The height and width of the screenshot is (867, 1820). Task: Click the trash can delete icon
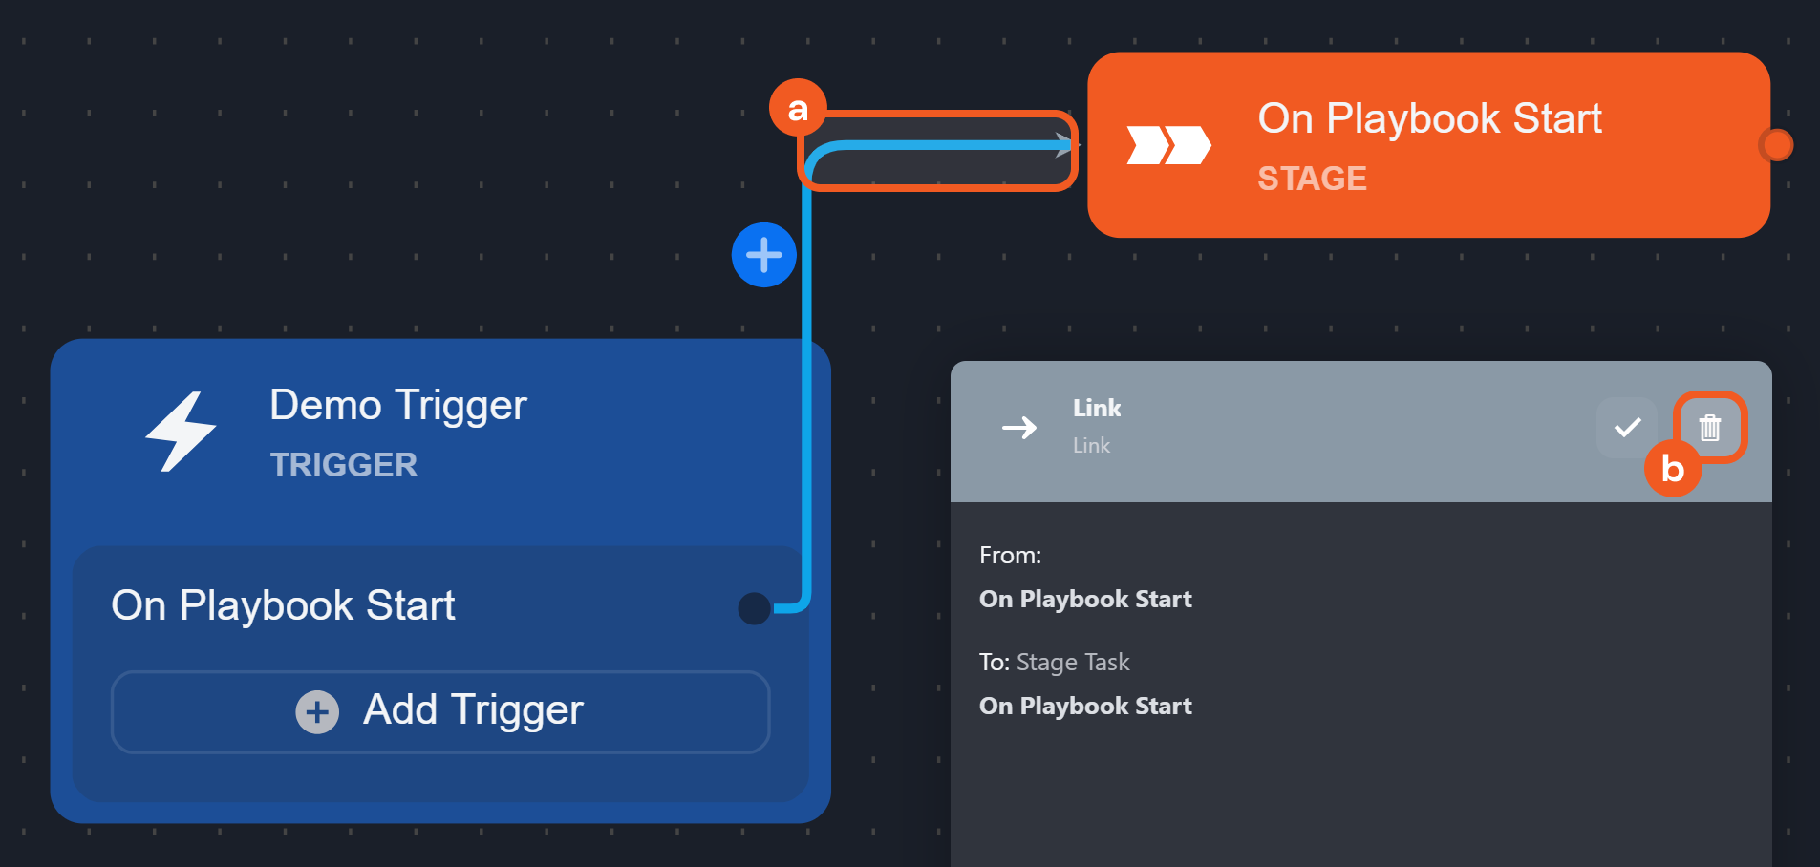[1710, 427]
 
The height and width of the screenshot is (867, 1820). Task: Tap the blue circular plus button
[763, 255]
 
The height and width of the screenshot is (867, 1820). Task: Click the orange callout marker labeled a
[797, 109]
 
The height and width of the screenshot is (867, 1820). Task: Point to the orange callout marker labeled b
[1672, 468]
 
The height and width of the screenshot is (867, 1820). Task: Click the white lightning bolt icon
[182, 432]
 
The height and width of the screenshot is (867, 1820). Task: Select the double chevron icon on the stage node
[1168, 145]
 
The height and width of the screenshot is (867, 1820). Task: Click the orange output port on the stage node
[1776, 145]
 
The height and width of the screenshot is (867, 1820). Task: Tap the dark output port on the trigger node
[754, 608]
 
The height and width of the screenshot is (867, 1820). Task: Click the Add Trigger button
[440, 711]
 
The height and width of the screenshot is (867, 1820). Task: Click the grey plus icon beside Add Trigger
[317, 712]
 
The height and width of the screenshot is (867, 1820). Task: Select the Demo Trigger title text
[397, 405]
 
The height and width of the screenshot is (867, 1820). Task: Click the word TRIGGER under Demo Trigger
[344, 465]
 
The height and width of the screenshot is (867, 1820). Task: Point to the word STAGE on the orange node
[1312, 179]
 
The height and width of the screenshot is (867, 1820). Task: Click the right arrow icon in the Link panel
[1019, 427]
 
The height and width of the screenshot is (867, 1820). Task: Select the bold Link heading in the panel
[1097, 408]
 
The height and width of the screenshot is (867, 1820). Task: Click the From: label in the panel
[1010, 555]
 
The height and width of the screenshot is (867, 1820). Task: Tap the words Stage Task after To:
[1073, 662]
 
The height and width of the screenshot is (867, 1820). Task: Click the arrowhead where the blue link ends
[1064, 145]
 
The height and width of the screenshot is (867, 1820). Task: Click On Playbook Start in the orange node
[1429, 118]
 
